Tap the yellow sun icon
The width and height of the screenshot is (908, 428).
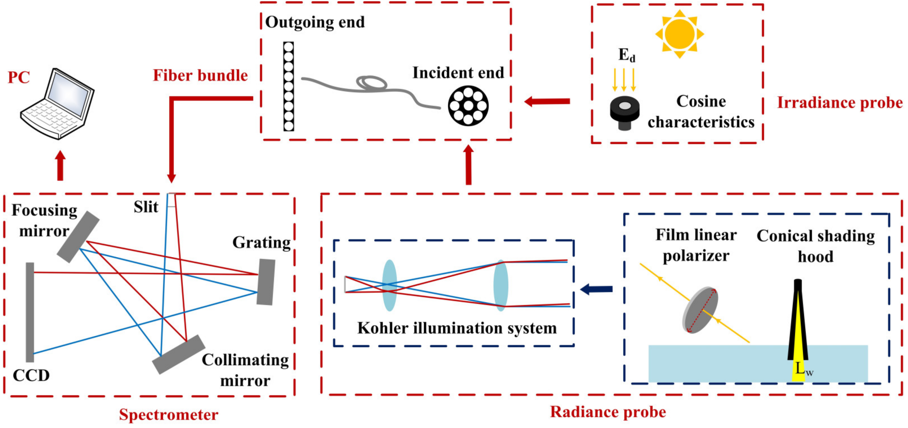[x=679, y=34]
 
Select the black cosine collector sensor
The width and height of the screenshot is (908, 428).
[x=624, y=113]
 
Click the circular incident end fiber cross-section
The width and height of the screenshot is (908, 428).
[x=468, y=106]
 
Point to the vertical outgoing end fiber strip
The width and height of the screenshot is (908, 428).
[x=289, y=86]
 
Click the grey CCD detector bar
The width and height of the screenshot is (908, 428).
[x=30, y=312]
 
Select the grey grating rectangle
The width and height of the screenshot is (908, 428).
[x=266, y=282]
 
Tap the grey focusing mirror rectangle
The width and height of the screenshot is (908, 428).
[x=78, y=237]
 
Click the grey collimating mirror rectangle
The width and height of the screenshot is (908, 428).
[x=179, y=354]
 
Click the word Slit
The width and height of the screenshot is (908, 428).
[x=146, y=207]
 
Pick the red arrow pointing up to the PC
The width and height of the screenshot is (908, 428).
[x=60, y=165]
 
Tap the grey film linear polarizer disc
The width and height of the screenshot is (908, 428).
[x=701, y=310]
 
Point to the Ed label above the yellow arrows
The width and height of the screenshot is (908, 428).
[x=626, y=55]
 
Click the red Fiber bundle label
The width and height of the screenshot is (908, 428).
[x=200, y=76]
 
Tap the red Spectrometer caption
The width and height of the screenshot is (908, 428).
[x=168, y=414]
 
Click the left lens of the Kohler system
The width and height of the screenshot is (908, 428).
[x=389, y=285]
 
